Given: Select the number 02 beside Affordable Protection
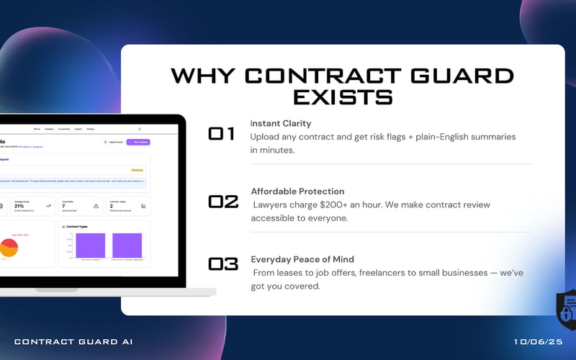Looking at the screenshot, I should [x=223, y=202].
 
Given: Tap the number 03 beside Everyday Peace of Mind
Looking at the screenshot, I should [x=223, y=264].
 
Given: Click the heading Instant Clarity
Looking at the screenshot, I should [x=281, y=124].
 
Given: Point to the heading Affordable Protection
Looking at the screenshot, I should [x=297, y=192].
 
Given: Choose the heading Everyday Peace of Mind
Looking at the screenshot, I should [x=302, y=259].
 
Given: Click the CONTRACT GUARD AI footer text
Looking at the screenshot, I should [x=73, y=341].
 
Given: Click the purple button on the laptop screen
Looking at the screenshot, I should [x=138, y=142].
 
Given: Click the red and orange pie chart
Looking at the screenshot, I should [x=9, y=247].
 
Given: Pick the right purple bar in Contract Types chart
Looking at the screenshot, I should [x=127, y=245].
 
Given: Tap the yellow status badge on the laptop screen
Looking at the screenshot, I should [x=137, y=170].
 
